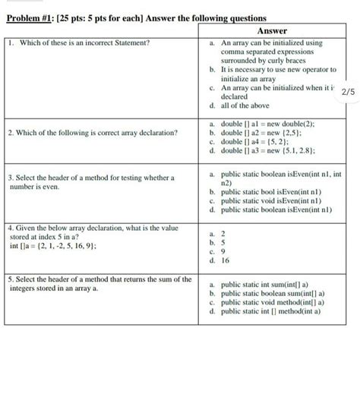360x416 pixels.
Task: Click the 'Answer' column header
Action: point(271,30)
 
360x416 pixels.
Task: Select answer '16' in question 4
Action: point(225,260)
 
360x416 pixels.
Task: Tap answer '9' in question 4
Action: point(223,251)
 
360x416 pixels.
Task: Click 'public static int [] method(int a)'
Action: point(271,310)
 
